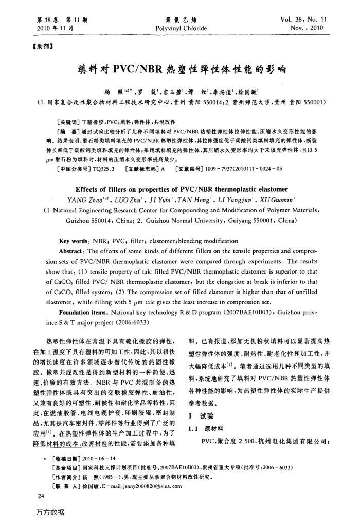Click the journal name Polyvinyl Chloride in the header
(181, 28)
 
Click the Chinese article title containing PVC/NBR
(181, 69)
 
